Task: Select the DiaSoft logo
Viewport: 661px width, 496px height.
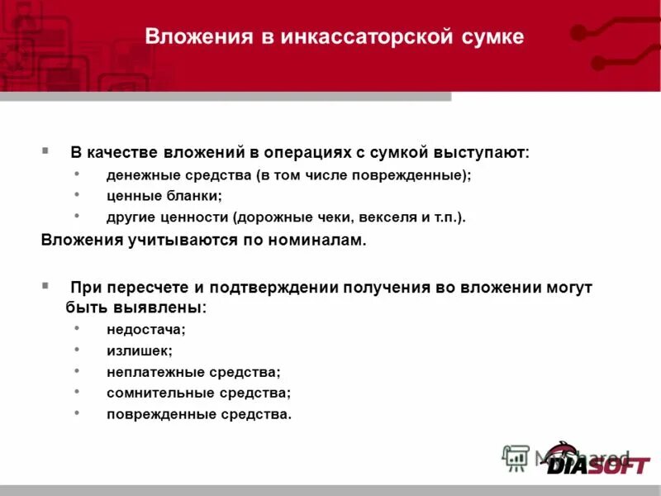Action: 597,460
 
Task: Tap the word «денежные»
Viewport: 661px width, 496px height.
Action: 140,175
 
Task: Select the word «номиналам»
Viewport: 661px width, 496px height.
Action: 315,241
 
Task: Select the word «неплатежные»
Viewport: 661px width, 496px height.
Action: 148,372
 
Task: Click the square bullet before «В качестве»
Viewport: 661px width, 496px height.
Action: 45,152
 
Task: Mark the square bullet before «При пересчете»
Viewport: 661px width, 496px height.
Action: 45,286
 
